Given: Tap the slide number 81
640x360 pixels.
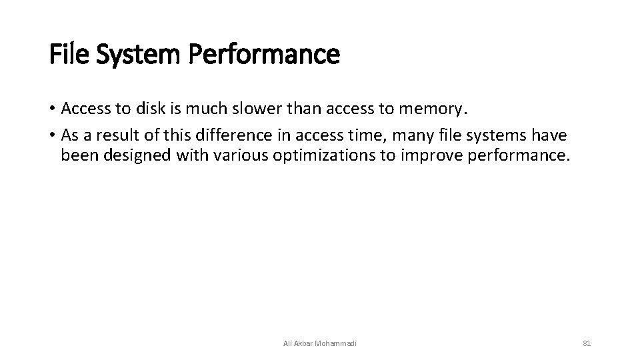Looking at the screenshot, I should [x=587, y=343].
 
